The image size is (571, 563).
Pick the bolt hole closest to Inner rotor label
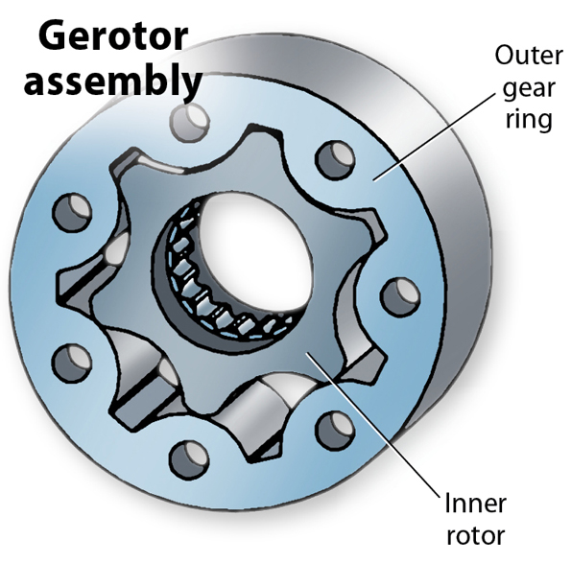[332, 426]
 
